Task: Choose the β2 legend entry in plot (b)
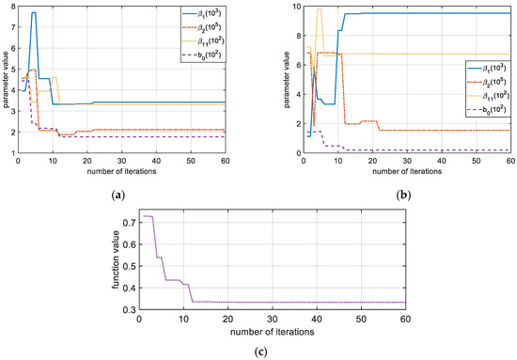point(481,82)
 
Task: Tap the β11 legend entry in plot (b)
point(481,96)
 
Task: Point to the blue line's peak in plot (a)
point(34,13)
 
